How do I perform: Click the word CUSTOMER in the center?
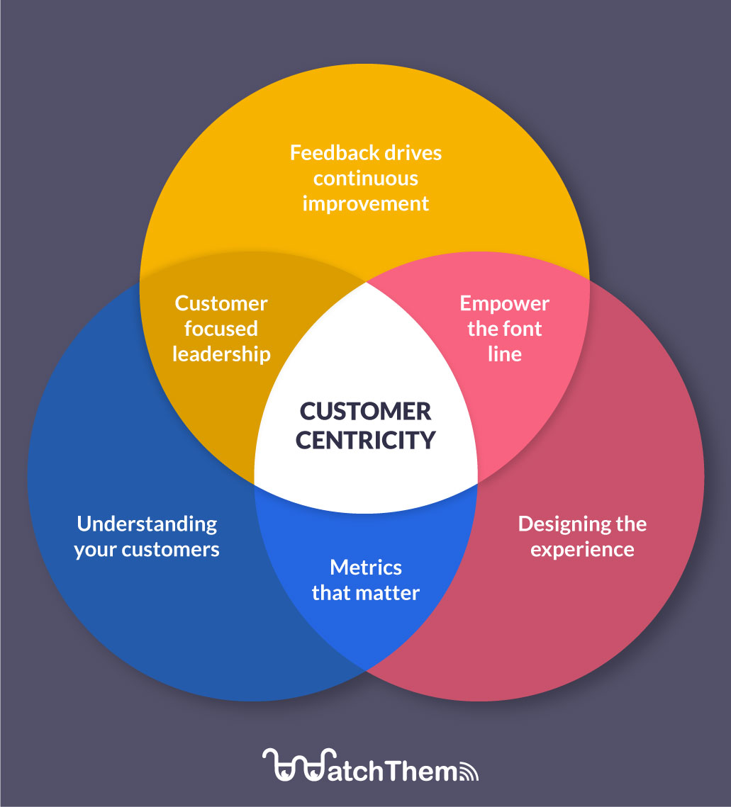(365, 412)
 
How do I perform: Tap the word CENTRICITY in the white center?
(365, 440)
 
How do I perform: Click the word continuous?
(366, 179)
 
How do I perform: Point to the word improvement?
(366, 204)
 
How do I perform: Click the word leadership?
(221, 354)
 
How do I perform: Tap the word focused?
(221, 329)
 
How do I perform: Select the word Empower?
(504, 304)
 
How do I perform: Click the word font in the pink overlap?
(523, 329)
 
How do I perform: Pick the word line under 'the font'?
(504, 354)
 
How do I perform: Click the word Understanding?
(147, 524)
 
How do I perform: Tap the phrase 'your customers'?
(147, 550)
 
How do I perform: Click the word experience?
(582, 550)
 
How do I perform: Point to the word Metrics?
(366, 568)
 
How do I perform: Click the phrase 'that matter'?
(366, 592)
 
